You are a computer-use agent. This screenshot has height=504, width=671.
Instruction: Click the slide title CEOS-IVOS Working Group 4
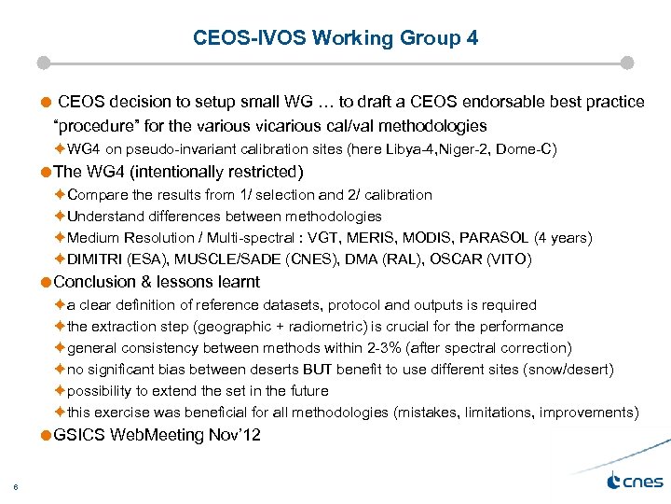point(335,38)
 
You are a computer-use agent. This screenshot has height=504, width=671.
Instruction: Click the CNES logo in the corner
point(634,481)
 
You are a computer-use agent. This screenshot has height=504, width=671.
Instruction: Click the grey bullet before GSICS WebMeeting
point(47,435)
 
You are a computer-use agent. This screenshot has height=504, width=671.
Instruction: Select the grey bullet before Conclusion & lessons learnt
point(47,282)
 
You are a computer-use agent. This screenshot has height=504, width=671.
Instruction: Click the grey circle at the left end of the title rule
point(43,63)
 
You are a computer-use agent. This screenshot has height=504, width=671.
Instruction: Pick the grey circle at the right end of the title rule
point(626,63)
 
